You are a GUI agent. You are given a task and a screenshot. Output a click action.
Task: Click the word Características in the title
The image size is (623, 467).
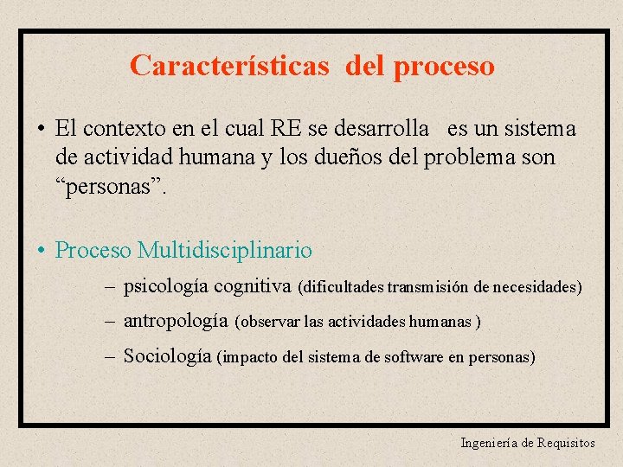(x=229, y=66)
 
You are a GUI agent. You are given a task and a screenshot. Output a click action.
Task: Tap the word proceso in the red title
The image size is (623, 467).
(x=444, y=67)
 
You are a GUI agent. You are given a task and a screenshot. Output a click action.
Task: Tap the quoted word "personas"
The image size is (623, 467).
(x=106, y=186)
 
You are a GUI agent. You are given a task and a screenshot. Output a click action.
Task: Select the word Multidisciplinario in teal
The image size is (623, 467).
(x=225, y=251)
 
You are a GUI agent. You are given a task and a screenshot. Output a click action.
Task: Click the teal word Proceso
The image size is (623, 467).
(x=93, y=251)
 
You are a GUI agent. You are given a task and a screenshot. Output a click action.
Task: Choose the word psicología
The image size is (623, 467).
(x=166, y=285)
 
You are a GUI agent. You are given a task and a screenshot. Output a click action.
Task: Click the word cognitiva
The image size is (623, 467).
(x=252, y=285)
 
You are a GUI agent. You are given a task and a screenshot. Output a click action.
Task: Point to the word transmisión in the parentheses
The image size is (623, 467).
(x=427, y=287)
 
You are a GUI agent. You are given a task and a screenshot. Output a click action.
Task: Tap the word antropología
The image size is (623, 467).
(x=176, y=321)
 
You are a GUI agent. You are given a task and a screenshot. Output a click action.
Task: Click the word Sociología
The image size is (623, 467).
(x=168, y=355)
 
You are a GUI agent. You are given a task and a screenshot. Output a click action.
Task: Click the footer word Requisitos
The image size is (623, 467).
(x=566, y=443)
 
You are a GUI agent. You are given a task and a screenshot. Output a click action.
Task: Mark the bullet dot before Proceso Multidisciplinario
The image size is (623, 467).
(x=41, y=252)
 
